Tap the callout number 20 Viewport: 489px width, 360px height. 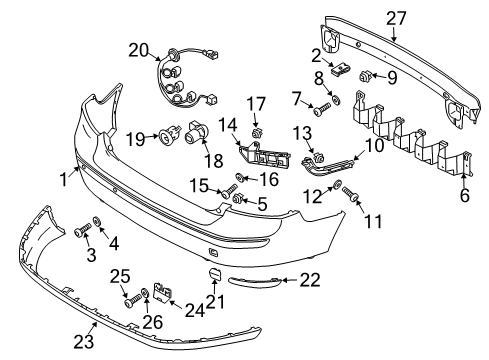(x=137, y=49)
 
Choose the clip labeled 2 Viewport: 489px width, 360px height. (x=342, y=69)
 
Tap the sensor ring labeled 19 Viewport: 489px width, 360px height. (x=160, y=134)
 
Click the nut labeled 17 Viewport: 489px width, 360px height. (x=257, y=131)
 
